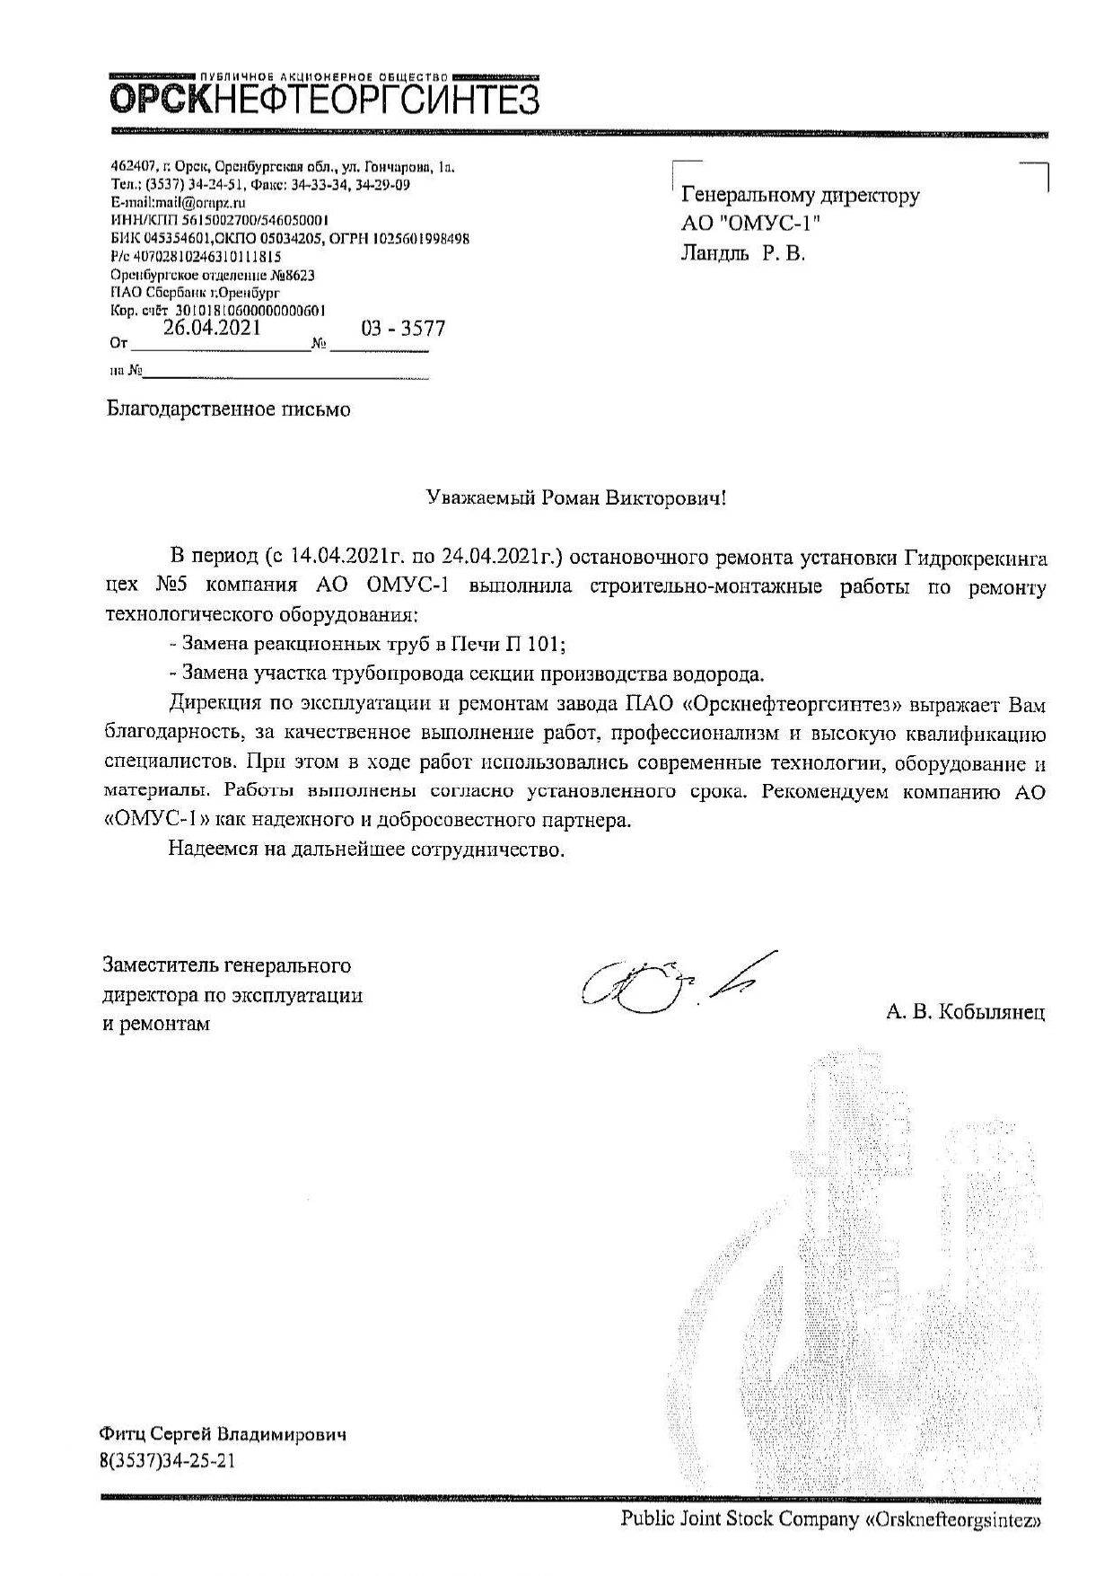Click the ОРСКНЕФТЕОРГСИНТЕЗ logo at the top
pos(324,98)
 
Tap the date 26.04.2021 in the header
pos(212,328)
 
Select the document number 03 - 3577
pos(403,329)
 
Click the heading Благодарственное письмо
pos(229,410)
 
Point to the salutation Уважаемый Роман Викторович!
pos(575,499)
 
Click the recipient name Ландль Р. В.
pos(744,254)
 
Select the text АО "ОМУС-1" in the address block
pos(751,225)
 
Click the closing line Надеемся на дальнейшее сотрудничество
pos(366,849)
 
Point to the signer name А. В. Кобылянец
pos(965,1013)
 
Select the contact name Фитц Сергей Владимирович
pos(223,1434)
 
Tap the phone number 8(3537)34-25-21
pos(170,1461)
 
